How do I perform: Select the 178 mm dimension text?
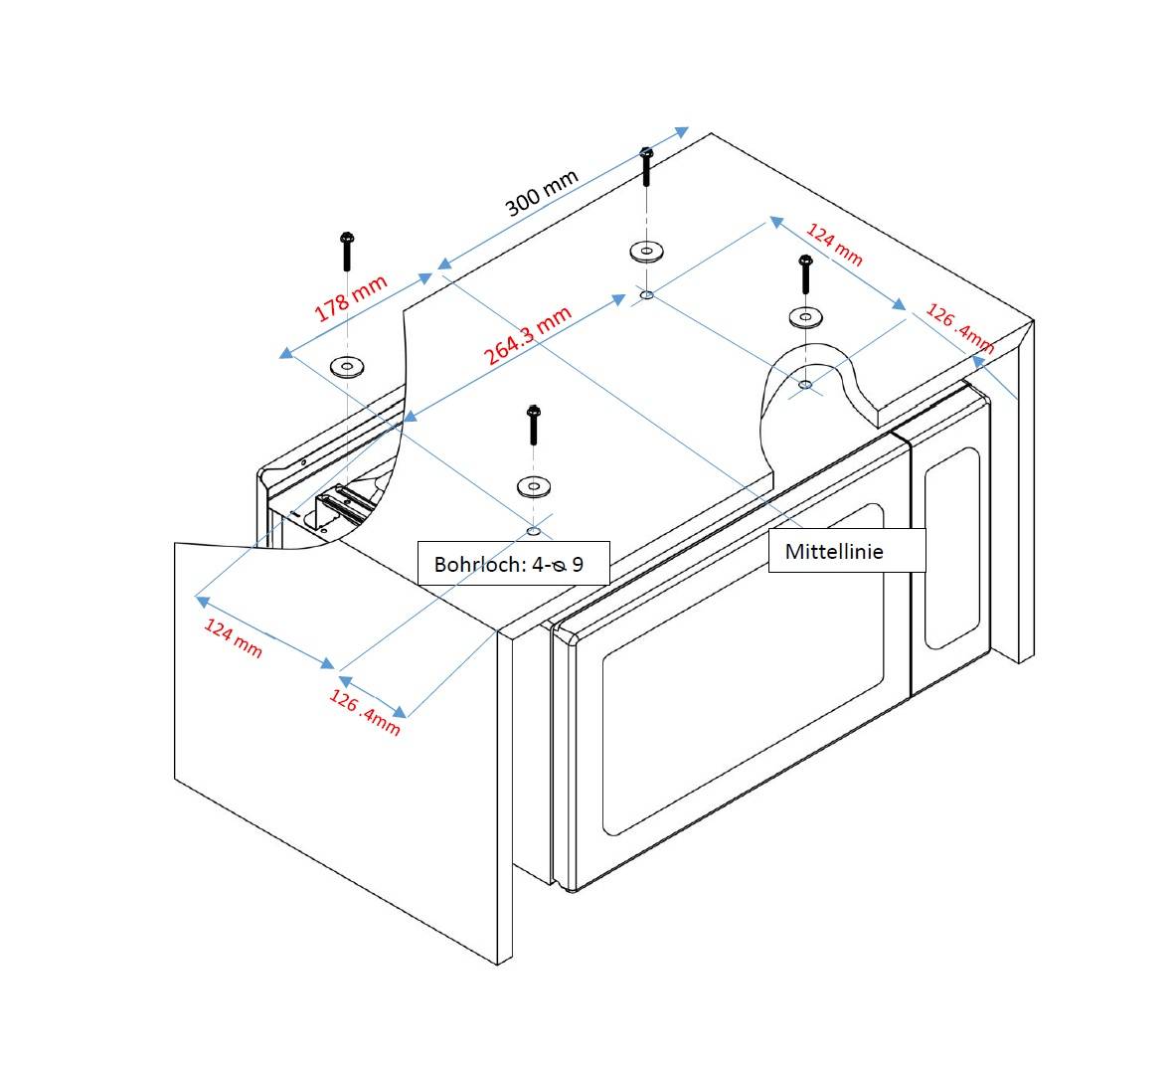click(351, 298)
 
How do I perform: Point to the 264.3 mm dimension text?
click(528, 336)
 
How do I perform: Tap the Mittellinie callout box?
click(846, 551)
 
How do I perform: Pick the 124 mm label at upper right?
click(833, 245)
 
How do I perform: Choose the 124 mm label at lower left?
click(233, 637)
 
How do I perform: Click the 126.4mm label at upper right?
click(959, 329)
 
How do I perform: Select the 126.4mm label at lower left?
click(365, 713)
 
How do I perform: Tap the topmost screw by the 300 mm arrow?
click(646, 166)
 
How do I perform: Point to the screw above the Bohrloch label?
click(533, 425)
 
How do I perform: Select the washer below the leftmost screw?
click(346, 366)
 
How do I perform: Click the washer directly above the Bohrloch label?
click(534, 486)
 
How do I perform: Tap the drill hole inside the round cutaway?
click(804, 383)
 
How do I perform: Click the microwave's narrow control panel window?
click(951, 548)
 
